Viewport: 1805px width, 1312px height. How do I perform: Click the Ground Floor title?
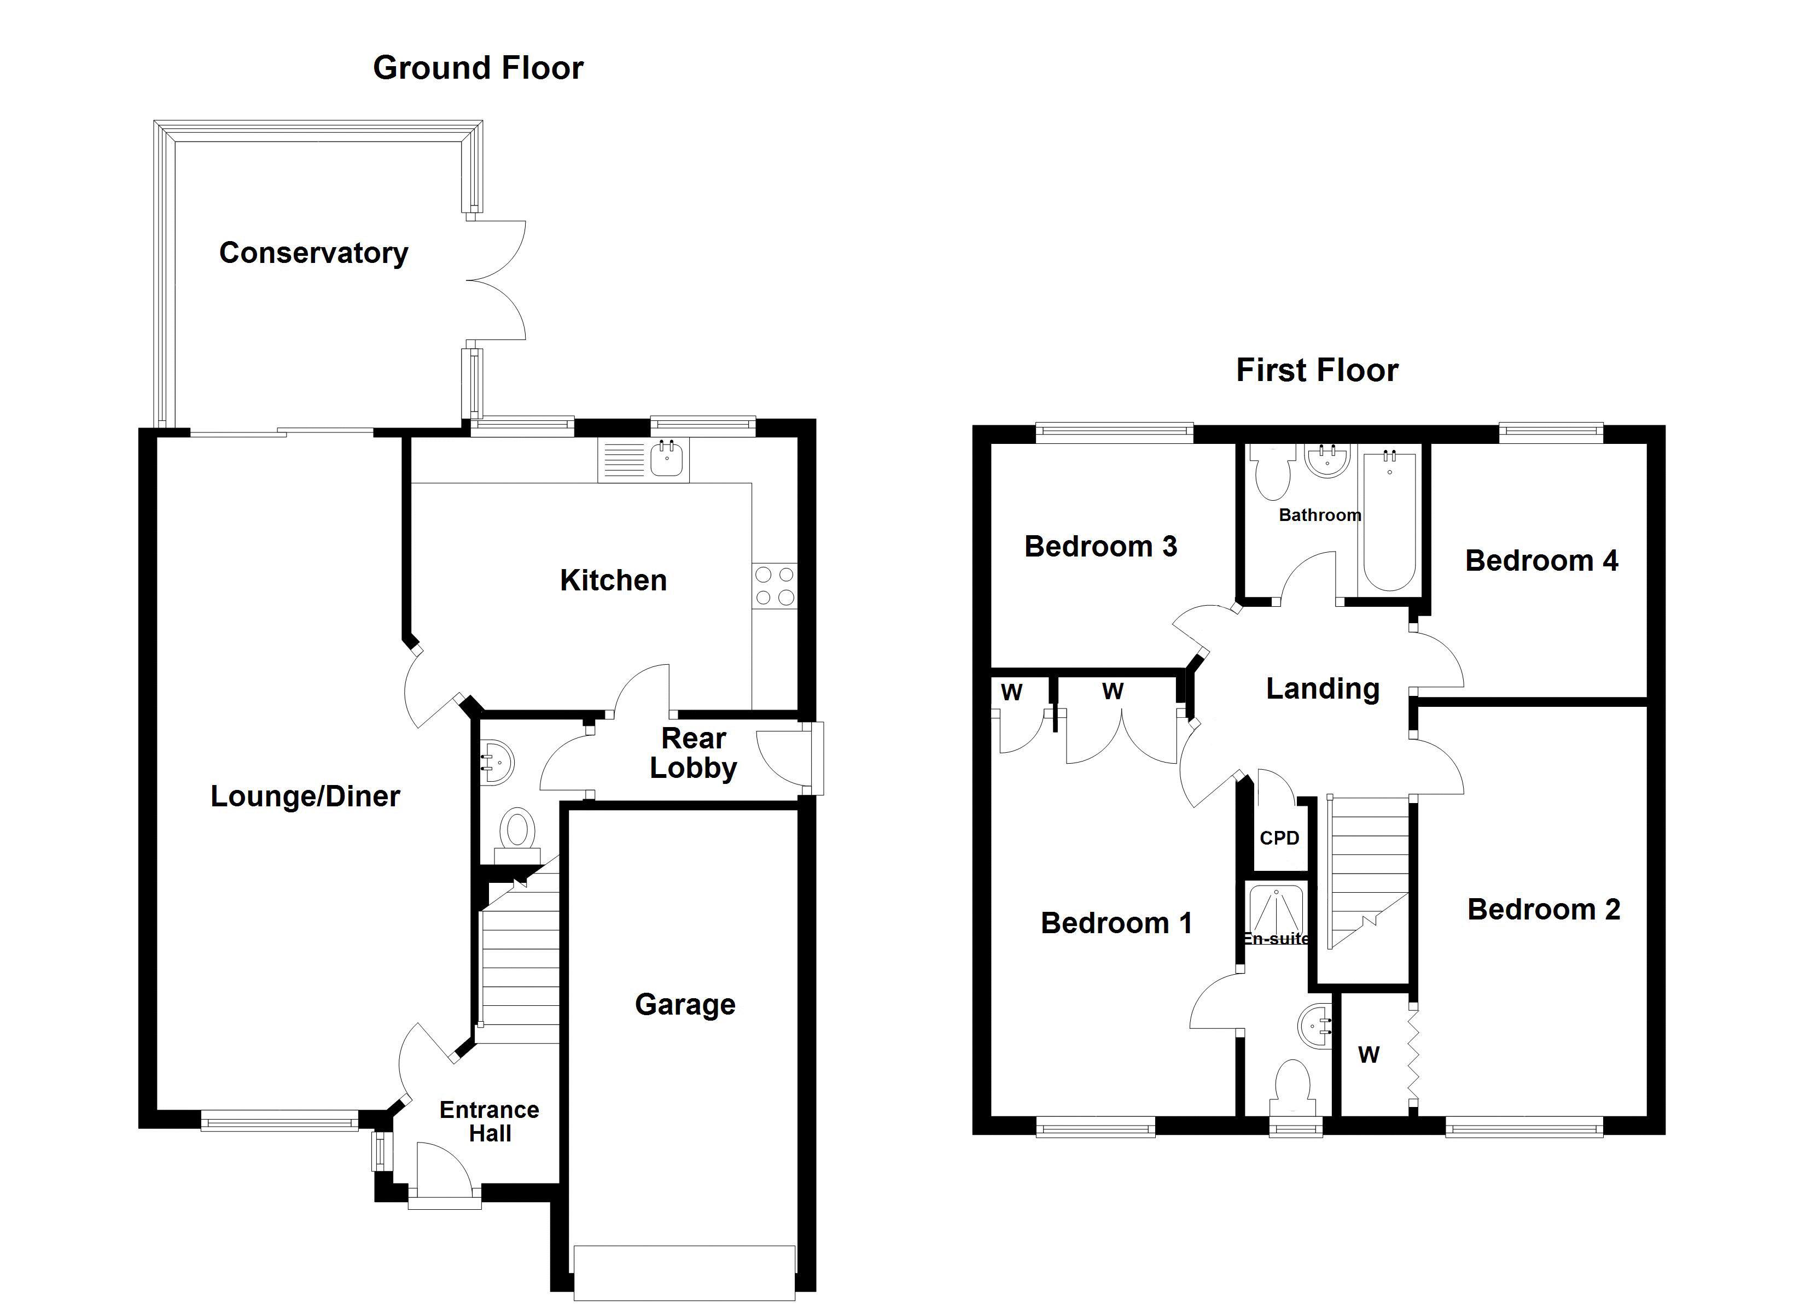pyautogui.click(x=478, y=68)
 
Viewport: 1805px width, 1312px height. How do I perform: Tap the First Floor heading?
pyautogui.click(x=1317, y=371)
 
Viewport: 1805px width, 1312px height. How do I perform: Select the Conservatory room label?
pyautogui.click(x=313, y=253)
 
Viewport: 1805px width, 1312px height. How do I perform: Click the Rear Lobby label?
pyautogui.click(x=693, y=753)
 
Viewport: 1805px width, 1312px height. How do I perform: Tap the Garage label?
pyautogui.click(x=684, y=1004)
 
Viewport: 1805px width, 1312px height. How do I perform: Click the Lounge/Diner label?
pyautogui.click(x=305, y=796)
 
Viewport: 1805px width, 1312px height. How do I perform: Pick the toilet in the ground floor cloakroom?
pyautogui.click(x=517, y=830)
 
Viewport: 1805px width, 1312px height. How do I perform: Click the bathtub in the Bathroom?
pyautogui.click(x=1389, y=521)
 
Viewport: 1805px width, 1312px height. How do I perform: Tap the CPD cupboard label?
pyautogui.click(x=1279, y=838)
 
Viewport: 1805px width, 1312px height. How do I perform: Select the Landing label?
pyautogui.click(x=1322, y=689)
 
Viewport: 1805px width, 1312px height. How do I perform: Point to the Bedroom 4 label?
pyautogui.click(x=1541, y=561)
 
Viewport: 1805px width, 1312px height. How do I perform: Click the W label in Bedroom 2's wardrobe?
pyautogui.click(x=1368, y=1055)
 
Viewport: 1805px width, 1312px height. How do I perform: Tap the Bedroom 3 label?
pyautogui.click(x=1100, y=547)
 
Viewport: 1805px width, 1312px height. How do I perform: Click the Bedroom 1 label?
pyautogui.click(x=1116, y=923)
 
